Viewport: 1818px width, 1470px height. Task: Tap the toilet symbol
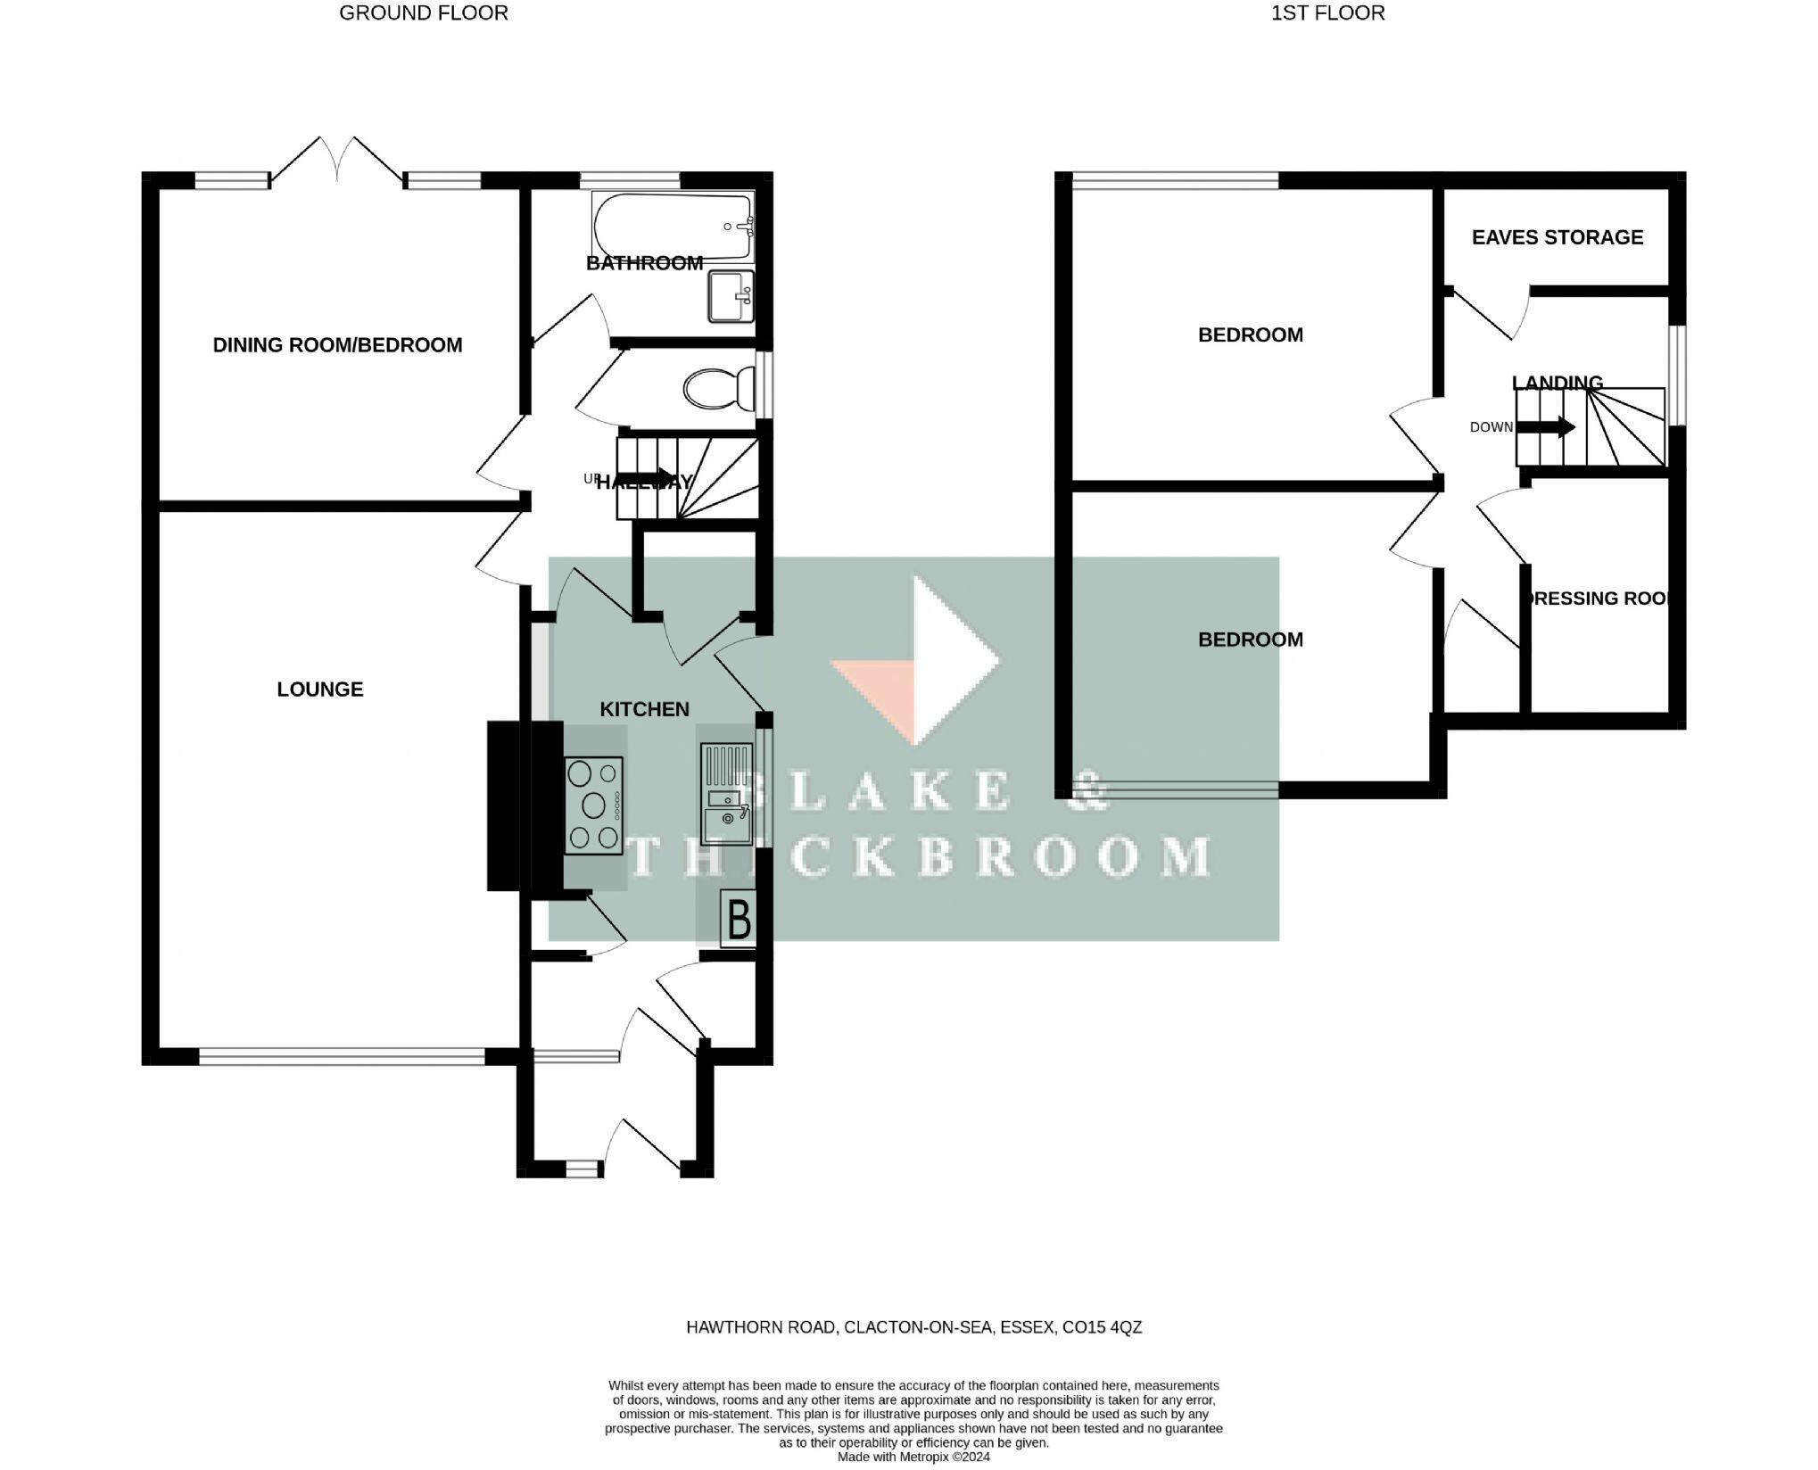point(718,389)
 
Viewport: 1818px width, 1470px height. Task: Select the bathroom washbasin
point(731,296)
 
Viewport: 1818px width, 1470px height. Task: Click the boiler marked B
point(739,920)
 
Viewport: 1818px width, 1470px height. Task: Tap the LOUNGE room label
point(319,690)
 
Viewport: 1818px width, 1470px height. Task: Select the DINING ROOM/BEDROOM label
point(337,345)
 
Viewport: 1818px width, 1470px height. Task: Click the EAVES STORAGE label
point(1557,237)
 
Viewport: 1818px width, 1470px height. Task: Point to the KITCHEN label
point(644,709)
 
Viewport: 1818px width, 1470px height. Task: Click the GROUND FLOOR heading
point(423,13)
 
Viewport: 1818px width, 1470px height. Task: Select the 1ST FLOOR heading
point(1327,13)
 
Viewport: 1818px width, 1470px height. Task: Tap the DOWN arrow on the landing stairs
point(1545,427)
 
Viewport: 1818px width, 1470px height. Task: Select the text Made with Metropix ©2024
point(913,1457)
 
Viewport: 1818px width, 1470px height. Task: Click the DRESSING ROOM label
point(1597,599)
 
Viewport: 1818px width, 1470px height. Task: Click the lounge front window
point(342,1057)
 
